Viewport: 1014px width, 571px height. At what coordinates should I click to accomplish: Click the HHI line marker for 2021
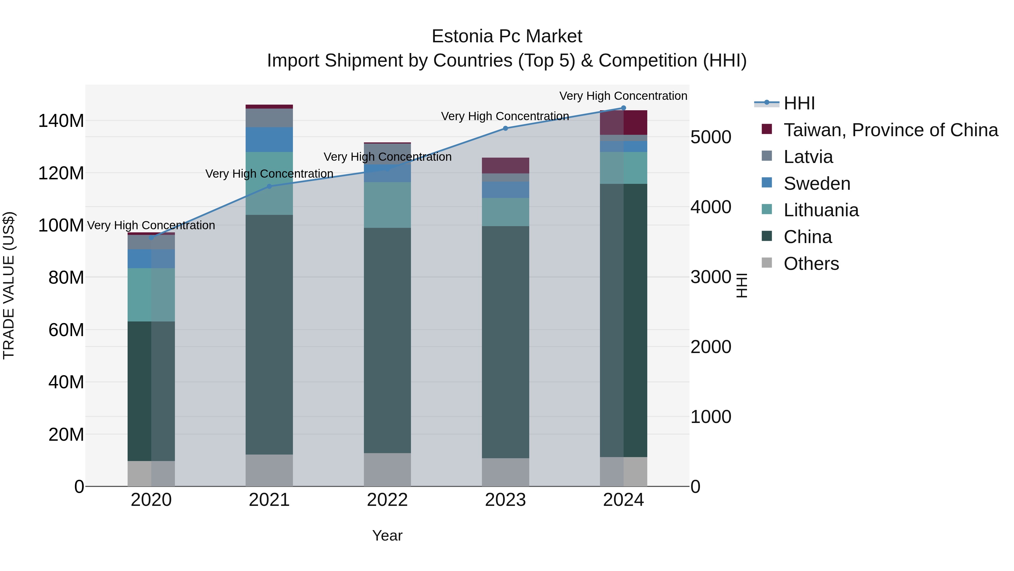pos(269,186)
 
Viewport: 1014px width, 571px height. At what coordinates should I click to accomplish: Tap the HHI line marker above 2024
pos(623,108)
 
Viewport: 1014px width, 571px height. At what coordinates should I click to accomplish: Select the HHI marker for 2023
pos(505,129)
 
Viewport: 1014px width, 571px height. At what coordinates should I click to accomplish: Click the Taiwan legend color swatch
pos(767,129)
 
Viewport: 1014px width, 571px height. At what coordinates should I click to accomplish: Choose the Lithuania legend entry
pos(821,210)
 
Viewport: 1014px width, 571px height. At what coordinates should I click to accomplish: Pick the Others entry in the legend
pos(811,264)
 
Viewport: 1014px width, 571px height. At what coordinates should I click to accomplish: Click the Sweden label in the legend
pos(817,184)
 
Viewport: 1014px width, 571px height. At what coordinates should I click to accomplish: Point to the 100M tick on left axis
pos(61,225)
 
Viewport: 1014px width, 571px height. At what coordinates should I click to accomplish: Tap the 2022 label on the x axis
pos(387,500)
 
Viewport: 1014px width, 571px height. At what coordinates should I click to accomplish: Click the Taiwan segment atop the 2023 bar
pos(505,166)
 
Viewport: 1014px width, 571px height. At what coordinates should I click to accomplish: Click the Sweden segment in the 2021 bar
pos(269,140)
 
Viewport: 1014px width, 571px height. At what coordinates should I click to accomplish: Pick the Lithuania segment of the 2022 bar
pos(387,205)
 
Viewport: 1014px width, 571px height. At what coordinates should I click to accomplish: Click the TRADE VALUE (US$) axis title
pos(9,285)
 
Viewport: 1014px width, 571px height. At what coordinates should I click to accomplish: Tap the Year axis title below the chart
pos(387,535)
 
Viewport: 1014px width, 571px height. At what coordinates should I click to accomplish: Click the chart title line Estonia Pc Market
pos(507,36)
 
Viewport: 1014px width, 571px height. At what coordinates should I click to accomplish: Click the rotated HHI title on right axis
pos(741,285)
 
